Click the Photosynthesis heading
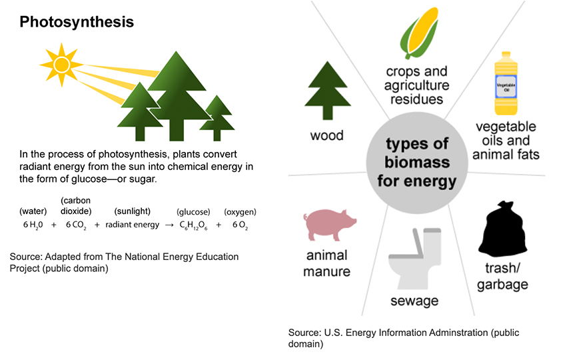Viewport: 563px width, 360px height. (x=77, y=22)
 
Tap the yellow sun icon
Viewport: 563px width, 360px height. (x=61, y=65)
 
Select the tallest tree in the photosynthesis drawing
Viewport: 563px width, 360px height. (x=177, y=95)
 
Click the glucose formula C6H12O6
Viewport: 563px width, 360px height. (x=193, y=225)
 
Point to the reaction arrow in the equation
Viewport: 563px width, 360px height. (x=169, y=225)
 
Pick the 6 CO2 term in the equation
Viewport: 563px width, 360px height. (x=76, y=225)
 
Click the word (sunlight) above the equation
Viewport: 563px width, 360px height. (x=132, y=211)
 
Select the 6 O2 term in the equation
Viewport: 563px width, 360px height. (x=241, y=225)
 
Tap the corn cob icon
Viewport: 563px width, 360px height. (x=419, y=33)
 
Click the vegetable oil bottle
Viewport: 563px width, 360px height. (x=506, y=83)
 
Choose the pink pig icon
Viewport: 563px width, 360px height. (x=330, y=225)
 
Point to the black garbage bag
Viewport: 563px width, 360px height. (x=502, y=229)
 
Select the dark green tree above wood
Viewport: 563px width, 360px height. (x=327, y=90)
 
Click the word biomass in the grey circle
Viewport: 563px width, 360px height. (x=417, y=162)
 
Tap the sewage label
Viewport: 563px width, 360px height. (x=414, y=301)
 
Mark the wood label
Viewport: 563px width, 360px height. (x=326, y=135)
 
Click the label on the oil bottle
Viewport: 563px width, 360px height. (x=506, y=87)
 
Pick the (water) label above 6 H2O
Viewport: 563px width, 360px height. (x=33, y=211)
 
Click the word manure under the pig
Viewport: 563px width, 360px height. (x=326, y=271)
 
